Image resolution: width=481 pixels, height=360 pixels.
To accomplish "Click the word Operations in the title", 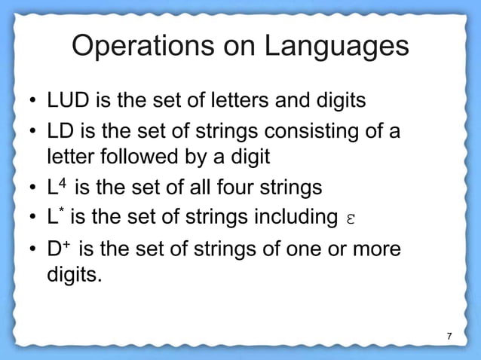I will pyautogui.click(x=138, y=47).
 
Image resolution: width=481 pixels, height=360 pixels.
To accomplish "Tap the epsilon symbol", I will pyautogui.click(x=349, y=218).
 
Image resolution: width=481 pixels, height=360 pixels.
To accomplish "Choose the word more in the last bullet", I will pyautogui.click(x=377, y=249).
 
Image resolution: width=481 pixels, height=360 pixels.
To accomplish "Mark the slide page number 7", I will pyautogui.click(x=449, y=335).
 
